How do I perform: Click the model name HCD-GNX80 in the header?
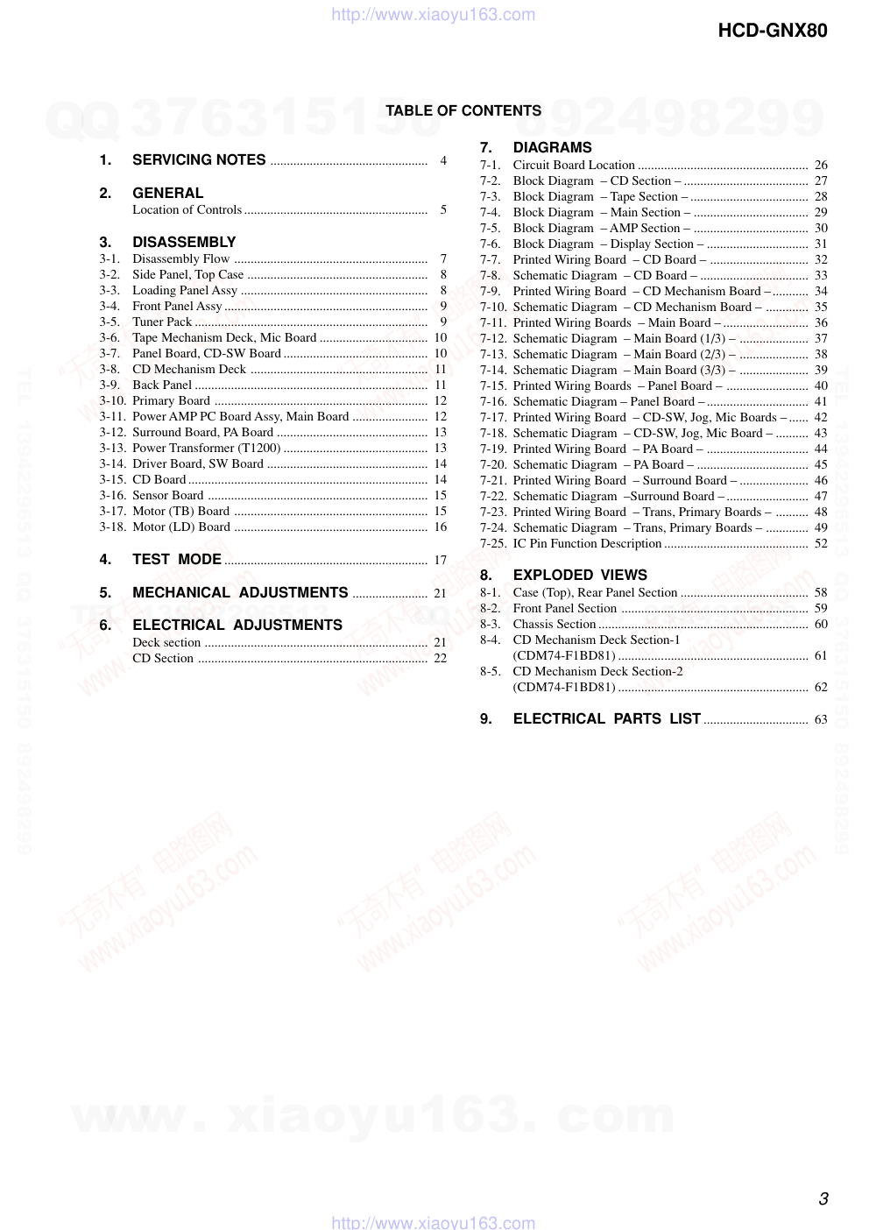pyautogui.click(x=772, y=31)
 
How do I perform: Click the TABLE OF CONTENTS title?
pyautogui.click(x=463, y=110)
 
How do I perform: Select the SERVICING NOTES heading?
pyautogui.click(x=199, y=159)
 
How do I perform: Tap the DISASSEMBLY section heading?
pyautogui.click(x=184, y=242)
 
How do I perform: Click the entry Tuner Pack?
pyautogui.click(x=162, y=322)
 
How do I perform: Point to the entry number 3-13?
pyautogui.click(x=112, y=448)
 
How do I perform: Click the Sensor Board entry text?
pyautogui.click(x=168, y=495)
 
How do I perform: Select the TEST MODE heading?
pyautogui.click(x=177, y=559)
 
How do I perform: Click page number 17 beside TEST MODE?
pyautogui.click(x=441, y=561)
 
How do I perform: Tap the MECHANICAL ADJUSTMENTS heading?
pyautogui.click(x=240, y=592)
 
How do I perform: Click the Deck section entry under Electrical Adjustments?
pyautogui.click(x=166, y=642)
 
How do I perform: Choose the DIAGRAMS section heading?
pyautogui.click(x=552, y=147)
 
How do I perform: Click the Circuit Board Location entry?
pyautogui.click(x=574, y=165)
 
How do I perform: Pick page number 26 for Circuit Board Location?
pyautogui.click(x=821, y=165)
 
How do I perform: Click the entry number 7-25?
pyautogui.click(x=493, y=543)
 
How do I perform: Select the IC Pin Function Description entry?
pyautogui.click(x=587, y=543)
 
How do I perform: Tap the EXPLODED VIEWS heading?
pyautogui.click(x=580, y=575)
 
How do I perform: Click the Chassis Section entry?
pyautogui.click(x=554, y=624)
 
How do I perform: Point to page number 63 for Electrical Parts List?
pyautogui.click(x=821, y=719)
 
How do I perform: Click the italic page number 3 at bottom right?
pyautogui.click(x=823, y=1198)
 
